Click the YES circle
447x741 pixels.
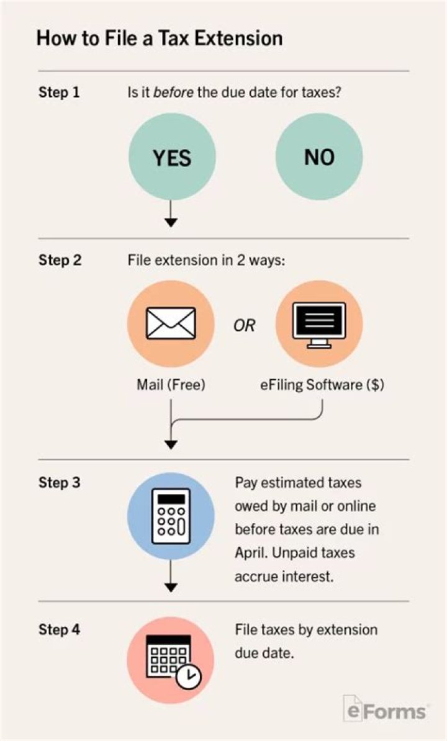(x=172, y=157)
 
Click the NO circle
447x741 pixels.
(x=319, y=157)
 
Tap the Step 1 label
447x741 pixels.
(x=59, y=93)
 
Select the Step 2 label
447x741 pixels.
(x=60, y=260)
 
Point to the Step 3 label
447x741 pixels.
(x=59, y=482)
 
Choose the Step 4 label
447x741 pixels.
(x=59, y=629)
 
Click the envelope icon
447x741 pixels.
(x=171, y=323)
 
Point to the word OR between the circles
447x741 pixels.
(x=244, y=326)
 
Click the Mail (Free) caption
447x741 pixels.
(x=171, y=385)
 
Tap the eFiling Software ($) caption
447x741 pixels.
(x=322, y=385)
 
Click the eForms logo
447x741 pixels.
(x=385, y=709)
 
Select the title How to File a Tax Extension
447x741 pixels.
(x=160, y=38)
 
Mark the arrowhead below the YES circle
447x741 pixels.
(x=171, y=222)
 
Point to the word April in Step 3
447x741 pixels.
(x=250, y=553)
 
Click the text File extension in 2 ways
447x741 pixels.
(x=206, y=260)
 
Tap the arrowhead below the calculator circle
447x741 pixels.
(x=171, y=586)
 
